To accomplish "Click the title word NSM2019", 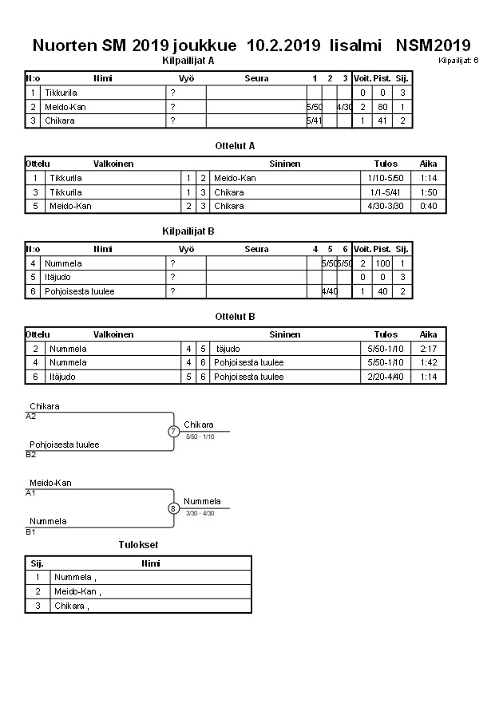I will [433, 45].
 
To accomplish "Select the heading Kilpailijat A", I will [188, 60].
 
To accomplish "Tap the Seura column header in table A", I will [256, 78].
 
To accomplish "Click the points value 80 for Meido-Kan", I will [382, 107].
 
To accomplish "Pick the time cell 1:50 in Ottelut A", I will [429, 192].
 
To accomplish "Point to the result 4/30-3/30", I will [386, 206].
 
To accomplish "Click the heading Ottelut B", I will [235, 317].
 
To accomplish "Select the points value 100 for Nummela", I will [382, 263].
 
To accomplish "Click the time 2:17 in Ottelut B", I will [429, 349].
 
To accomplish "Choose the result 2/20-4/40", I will [386, 377].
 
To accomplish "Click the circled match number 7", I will [173, 432].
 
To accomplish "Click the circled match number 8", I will [173, 508].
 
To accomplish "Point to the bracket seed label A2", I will [31, 416].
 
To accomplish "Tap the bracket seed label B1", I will [31, 531].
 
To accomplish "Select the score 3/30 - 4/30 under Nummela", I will [200, 513].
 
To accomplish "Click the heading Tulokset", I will [138, 545].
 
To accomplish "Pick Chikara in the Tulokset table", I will [69, 606].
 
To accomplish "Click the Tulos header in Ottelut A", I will [386, 164].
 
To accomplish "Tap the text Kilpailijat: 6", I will [458, 60].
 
